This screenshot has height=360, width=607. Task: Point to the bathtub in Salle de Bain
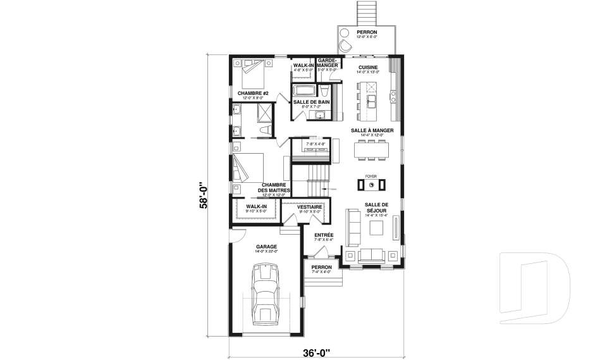click(x=304, y=90)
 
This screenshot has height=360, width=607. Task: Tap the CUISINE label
click(x=368, y=67)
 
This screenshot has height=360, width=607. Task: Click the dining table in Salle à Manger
click(x=374, y=149)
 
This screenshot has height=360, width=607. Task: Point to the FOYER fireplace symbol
click(x=372, y=185)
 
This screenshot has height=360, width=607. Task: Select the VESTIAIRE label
click(x=310, y=207)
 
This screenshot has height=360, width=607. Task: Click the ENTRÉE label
click(x=324, y=235)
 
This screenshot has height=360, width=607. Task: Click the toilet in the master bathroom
click(x=266, y=130)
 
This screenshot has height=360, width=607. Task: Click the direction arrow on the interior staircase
click(x=326, y=189)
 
